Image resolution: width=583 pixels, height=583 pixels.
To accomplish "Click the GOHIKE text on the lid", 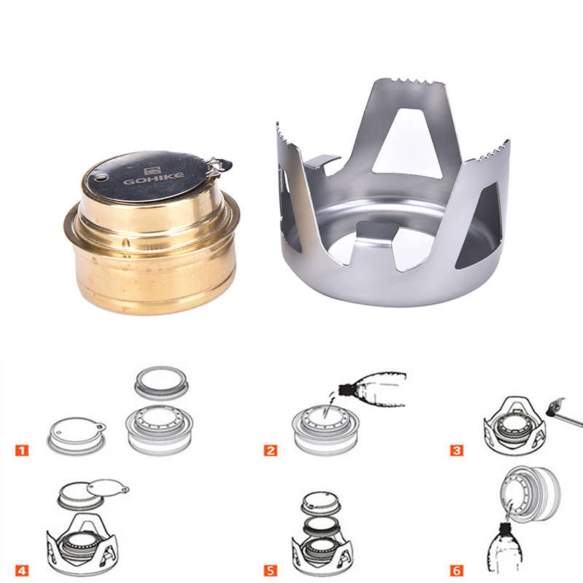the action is click(x=154, y=178).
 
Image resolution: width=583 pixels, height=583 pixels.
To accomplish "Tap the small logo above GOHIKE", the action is click(x=152, y=171).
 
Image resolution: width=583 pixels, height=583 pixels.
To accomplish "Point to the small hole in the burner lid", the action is click(x=100, y=179).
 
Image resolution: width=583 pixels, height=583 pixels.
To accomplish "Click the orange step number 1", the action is click(x=22, y=450).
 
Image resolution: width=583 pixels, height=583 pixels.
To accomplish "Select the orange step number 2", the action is click(x=270, y=450).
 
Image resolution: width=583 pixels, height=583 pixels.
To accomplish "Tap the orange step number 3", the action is click(x=457, y=450).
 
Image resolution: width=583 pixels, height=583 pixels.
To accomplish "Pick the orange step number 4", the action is click(x=22, y=570).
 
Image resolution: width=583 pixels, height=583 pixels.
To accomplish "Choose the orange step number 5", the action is click(x=270, y=570).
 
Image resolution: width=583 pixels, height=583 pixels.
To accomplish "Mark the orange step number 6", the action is click(x=457, y=570).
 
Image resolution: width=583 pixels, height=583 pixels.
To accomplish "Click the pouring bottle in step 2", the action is click(x=372, y=388).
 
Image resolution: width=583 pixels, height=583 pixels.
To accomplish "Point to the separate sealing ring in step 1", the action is click(x=160, y=383).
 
